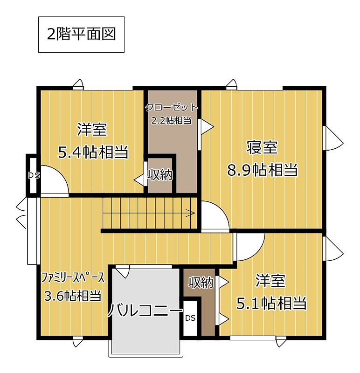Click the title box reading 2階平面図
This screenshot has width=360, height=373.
point(82,35)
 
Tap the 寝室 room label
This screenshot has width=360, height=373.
point(262,147)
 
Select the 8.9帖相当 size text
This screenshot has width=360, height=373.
point(263,170)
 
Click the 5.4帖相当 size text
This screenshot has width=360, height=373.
point(93,152)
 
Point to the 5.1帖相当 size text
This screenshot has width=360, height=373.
point(271,304)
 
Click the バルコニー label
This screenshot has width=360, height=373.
point(145,310)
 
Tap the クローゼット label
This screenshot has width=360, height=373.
point(172,108)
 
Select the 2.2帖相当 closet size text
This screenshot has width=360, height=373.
point(172,121)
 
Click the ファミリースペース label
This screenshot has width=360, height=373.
point(73,278)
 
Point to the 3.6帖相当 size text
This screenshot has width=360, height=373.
point(73,296)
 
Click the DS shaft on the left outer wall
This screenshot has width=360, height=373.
point(34,176)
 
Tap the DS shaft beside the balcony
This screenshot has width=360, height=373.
point(190,318)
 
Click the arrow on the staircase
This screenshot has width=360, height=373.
point(190,213)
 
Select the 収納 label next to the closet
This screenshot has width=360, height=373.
point(160,175)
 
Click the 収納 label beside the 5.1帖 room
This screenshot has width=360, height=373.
point(201,283)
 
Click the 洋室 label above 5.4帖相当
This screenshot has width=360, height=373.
point(92,130)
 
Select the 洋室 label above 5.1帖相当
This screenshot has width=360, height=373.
point(270,281)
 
